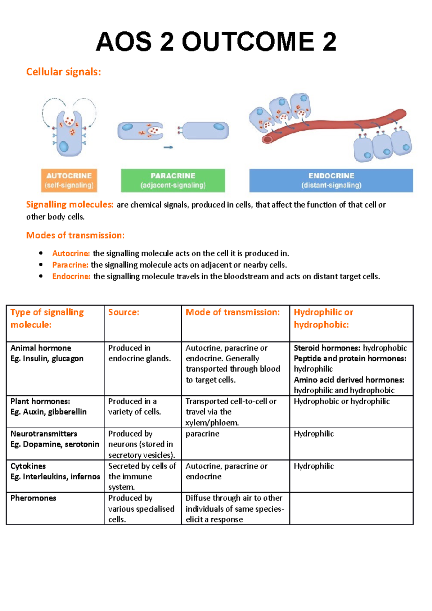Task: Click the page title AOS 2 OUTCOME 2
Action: tap(216, 42)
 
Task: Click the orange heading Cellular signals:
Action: tap(63, 72)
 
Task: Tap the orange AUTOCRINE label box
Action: tap(69, 180)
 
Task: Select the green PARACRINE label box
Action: tap(173, 180)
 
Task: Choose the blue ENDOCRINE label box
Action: tap(331, 180)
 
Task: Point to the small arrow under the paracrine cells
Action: tap(168, 147)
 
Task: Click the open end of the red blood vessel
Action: tap(267, 139)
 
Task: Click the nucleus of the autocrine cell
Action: tap(64, 146)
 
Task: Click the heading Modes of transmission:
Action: tap(75, 235)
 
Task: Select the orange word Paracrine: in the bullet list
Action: tap(70, 265)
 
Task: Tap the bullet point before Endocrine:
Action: tap(41, 276)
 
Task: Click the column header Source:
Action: tap(123, 312)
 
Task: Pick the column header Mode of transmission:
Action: tap(233, 312)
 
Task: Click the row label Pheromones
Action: tap(33, 498)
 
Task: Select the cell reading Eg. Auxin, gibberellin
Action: tap(49, 412)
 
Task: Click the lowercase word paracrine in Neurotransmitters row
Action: tap(202, 434)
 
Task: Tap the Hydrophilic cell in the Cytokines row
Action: tap(314, 466)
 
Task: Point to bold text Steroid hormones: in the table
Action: tap(327, 348)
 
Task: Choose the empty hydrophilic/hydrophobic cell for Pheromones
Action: tap(351, 508)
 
